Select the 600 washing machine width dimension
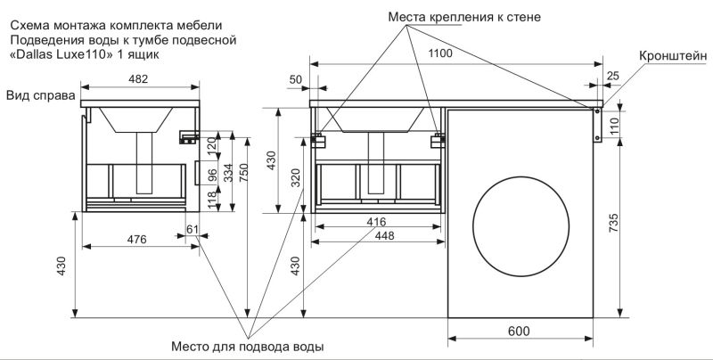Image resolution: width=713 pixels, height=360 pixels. [x=520, y=331]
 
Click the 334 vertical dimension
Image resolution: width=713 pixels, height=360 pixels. [x=226, y=175]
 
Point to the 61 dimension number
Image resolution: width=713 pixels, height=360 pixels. [x=192, y=231]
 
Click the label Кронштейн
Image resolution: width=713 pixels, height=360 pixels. [x=673, y=55]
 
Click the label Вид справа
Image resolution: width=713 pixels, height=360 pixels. [x=38, y=94]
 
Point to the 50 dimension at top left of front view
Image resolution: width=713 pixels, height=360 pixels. [x=295, y=80]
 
